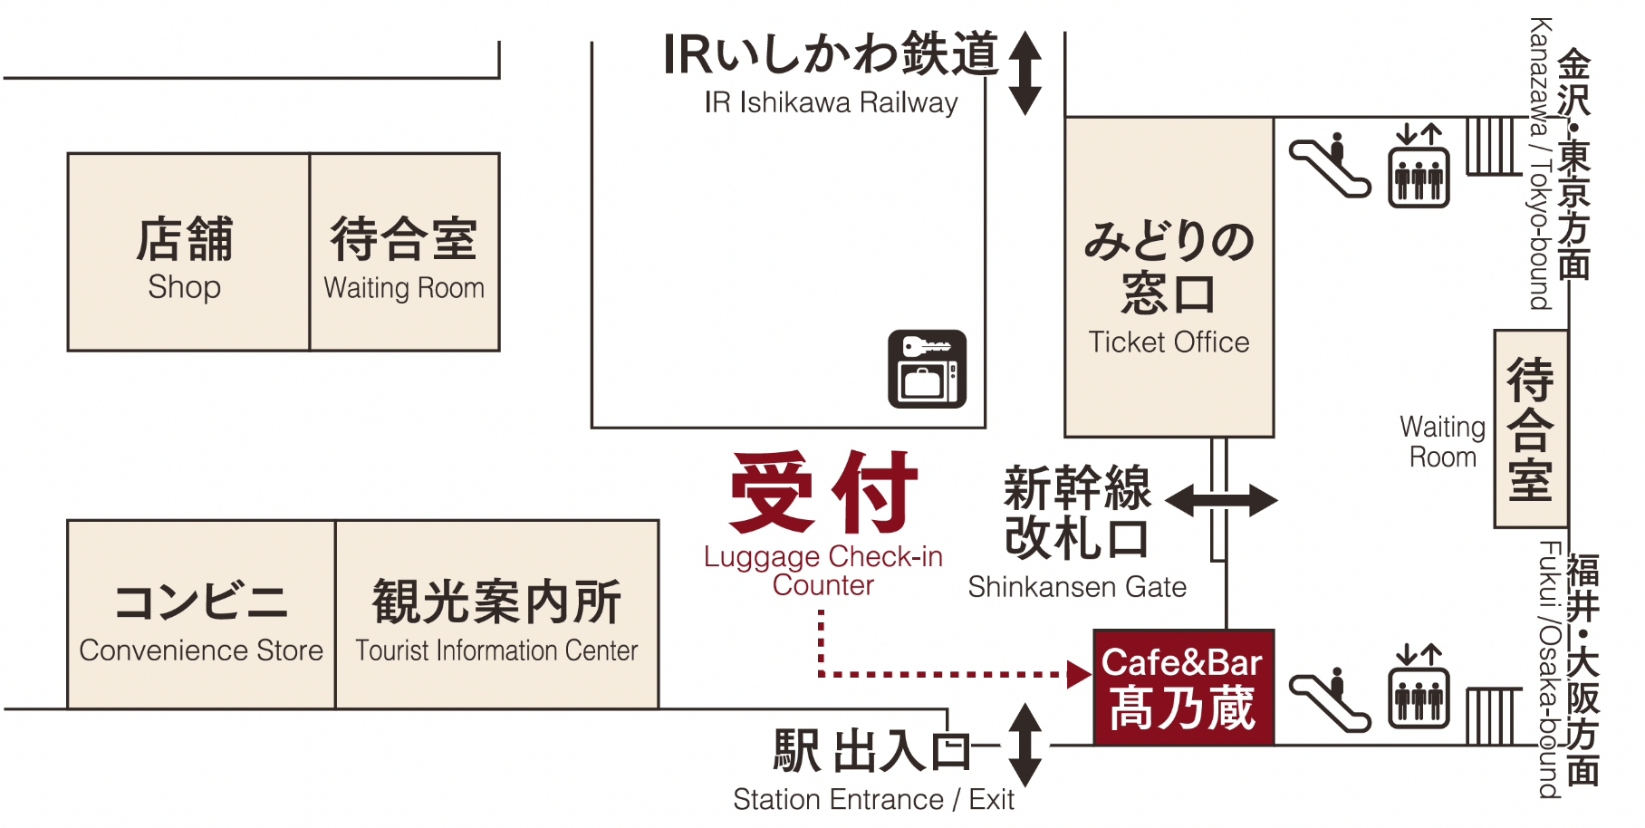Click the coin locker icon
coord(927,369)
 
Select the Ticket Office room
coord(1169,277)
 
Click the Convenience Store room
coord(201,615)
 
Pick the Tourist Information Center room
coord(496,615)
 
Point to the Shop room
coord(188,252)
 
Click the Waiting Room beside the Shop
coord(404,252)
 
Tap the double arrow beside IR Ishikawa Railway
coord(1025,72)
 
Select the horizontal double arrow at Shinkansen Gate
coord(1221,500)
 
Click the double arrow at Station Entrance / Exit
coord(1025,746)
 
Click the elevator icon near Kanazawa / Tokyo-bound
coord(1419,167)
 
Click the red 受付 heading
coord(823,493)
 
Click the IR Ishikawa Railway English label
coord(831,103)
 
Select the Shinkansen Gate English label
coord(1077,588)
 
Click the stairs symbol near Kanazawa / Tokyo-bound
coord(1490,145)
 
